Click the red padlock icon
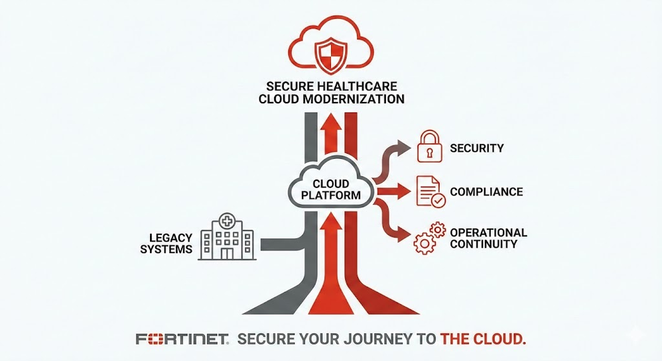(x=429, y=147)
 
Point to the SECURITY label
(x=477, y=148)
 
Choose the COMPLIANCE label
(x=486, y=192)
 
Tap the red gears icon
(x=430, y=238)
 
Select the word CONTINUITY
(x=484, y=244)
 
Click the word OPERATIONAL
(x=489, y=232)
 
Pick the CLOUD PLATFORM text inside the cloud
(x=331, y=189)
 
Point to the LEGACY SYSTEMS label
(x=170, y=243)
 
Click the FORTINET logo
(x=182, y=340)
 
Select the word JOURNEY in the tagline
(x=367, y=340)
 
